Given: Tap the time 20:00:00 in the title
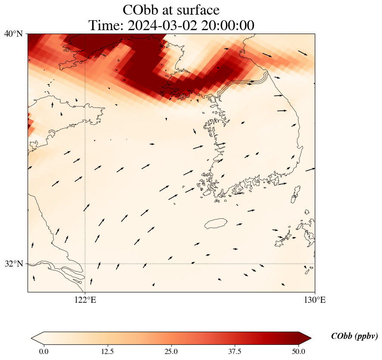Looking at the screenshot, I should [227, 25].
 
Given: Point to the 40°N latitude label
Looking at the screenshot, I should [14, 34].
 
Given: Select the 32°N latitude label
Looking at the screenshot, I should [14, 264].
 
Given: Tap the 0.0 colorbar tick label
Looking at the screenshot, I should [43, 351].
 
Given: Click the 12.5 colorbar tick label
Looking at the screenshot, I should [107, 351].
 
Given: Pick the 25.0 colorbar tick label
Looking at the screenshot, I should [171, 351].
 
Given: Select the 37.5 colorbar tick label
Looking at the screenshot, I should [235, 351].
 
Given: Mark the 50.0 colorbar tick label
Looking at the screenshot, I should [298, 351].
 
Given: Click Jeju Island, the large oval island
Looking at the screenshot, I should [216, 223].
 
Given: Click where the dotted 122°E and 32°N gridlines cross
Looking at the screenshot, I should [85, 264].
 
